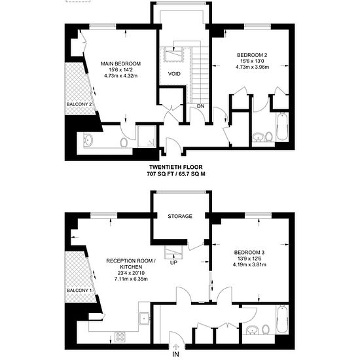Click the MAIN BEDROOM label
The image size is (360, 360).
[121, 63]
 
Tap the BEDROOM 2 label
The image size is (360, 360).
[252, 55]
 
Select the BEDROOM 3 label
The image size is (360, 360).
[249, 253]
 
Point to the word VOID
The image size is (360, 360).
[174, 74]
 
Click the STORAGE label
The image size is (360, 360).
[180, 216]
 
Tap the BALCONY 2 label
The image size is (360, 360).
[79, 104]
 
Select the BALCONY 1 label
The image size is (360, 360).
[79, 291]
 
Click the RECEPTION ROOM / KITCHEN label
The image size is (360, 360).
[131, 264]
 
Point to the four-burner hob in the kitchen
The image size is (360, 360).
[120, 337]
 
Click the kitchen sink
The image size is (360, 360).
[144, 319]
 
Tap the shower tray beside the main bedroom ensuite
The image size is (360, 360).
[147, 136]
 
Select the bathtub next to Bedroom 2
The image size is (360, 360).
[282, 126]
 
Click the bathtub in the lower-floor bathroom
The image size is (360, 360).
[282, 319]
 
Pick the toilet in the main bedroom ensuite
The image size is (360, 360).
[124, 143]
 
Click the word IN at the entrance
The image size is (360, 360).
[175, 354]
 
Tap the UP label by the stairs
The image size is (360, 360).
[174, 262]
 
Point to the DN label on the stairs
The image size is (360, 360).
[200, 106]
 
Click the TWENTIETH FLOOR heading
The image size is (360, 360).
[176, 167]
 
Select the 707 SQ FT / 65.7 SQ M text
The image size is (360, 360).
[176, 174]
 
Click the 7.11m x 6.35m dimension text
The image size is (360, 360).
[131, 279]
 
